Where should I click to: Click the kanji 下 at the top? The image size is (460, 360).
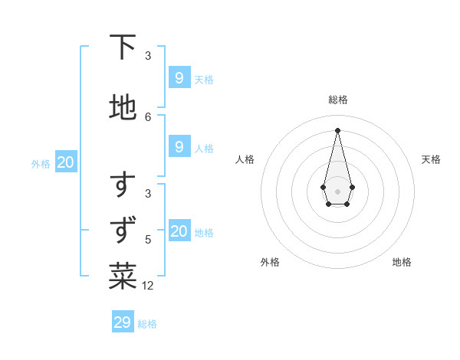tap(123, 47)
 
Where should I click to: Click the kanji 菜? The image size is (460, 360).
tap(123, 277)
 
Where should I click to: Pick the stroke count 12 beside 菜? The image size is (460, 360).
tap(148, 286)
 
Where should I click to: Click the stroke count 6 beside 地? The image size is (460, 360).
tap(148, 116)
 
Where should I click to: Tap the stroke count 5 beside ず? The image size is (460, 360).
tap(148, 239)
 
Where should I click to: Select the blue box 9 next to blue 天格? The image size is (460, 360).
tap(179, 77)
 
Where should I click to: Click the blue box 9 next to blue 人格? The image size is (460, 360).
tap(179, 146)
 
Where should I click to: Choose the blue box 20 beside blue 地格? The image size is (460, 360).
tap(179, 231)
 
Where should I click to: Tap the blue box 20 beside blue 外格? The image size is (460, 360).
tap(65, 162)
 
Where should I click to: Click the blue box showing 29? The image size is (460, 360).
tap(122, 322)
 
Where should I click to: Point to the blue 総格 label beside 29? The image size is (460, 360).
tap(147, 324)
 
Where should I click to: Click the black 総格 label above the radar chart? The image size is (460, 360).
tap(337, 100)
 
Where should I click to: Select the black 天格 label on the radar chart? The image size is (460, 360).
tap(431, 159)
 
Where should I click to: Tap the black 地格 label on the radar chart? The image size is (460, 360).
tap(402, 262)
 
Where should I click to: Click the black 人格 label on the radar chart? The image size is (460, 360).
tap(245, 159)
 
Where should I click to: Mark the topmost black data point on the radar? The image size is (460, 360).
tap(337, 129)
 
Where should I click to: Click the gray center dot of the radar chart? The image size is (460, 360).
tap(337, 190)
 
